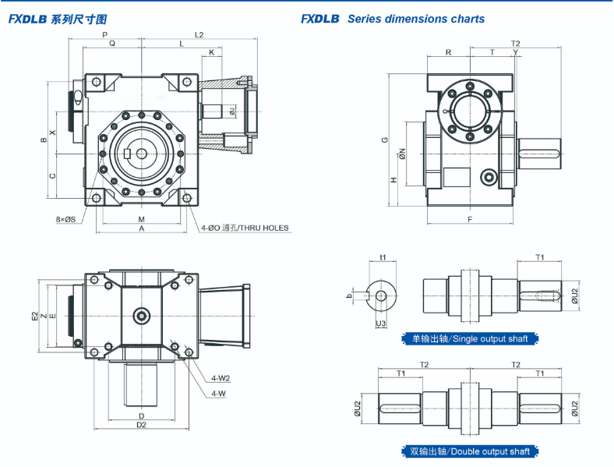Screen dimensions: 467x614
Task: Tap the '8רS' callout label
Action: point(65,220)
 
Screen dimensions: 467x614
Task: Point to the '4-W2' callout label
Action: point(221,379)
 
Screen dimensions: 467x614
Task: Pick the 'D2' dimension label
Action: point(142,425)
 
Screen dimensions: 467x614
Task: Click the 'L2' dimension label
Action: point(199,35)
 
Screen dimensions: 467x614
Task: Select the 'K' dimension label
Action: point(210,53)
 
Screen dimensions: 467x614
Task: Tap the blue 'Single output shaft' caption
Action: point(464,338)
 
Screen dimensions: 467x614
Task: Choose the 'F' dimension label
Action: point(471,219)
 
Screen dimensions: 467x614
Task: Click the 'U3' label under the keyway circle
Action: point(381,324)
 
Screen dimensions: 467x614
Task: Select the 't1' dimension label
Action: point(383,256)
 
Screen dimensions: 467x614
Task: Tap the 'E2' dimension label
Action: point(34,316)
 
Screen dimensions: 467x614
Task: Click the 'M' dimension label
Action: point(142,219)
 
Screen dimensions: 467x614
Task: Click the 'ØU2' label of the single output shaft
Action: point(574,295)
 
